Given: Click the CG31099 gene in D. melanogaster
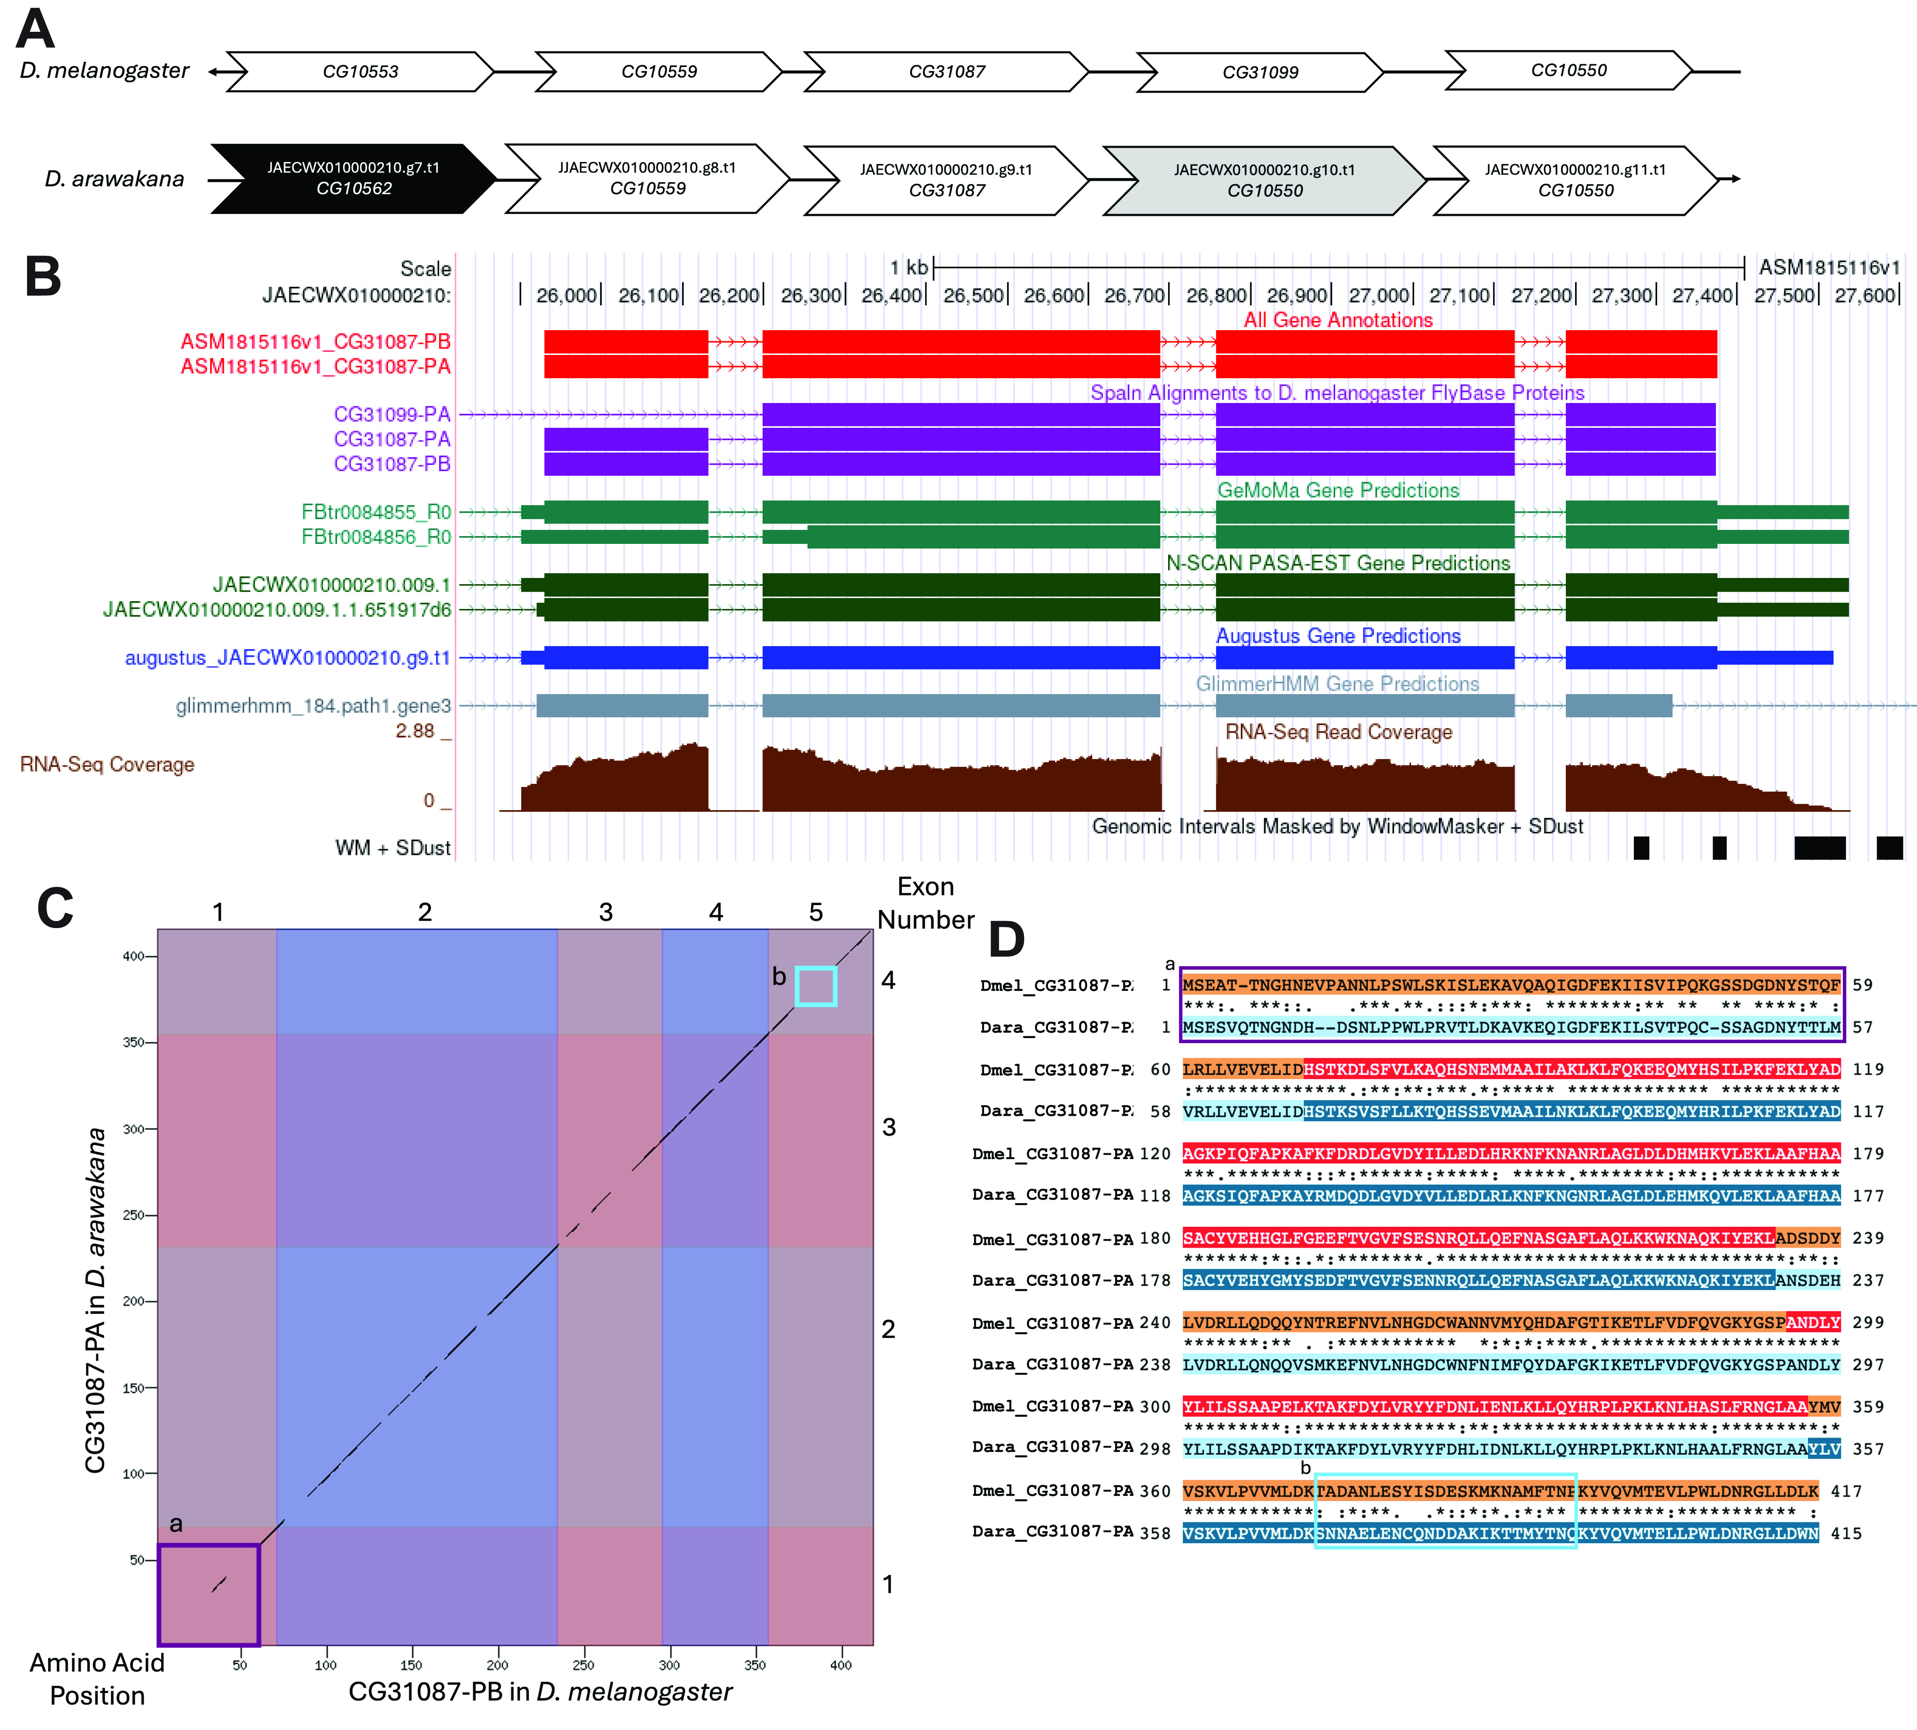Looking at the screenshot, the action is [x=1260, y=72].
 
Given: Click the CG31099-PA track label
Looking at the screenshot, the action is [x=391, y=414].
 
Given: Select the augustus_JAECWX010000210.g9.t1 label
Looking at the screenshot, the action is [x=287, y=658].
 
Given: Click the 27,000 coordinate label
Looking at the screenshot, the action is [x=1380, y=296].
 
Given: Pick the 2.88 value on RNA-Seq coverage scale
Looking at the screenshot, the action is [x=415, y=731].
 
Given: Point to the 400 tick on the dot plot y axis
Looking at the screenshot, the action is [x=133, y=956].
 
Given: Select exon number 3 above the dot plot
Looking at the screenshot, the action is [x=605, y=913].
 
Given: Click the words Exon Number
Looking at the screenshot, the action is [x=926, y=903].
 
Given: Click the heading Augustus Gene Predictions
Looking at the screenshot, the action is [x=1338, y=636].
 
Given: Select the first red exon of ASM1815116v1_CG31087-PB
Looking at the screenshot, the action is [x=625, y=341].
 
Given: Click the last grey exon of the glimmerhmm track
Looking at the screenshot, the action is [x=1619, y=705].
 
